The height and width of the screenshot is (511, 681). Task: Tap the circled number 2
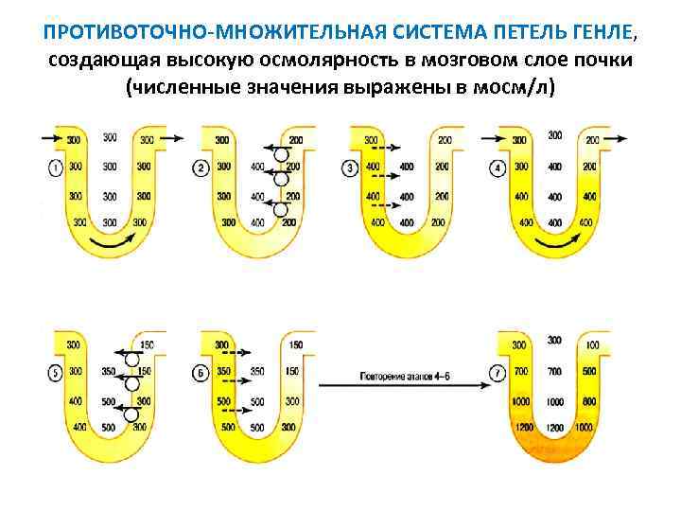[201, 167]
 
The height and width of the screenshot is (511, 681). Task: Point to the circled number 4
[498, 167]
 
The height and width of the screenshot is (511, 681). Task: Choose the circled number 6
[201, 373]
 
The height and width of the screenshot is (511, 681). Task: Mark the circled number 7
[498, 373]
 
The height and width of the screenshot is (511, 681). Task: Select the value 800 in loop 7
[588, 401]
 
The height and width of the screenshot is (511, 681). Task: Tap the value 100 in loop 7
[591, 344]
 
